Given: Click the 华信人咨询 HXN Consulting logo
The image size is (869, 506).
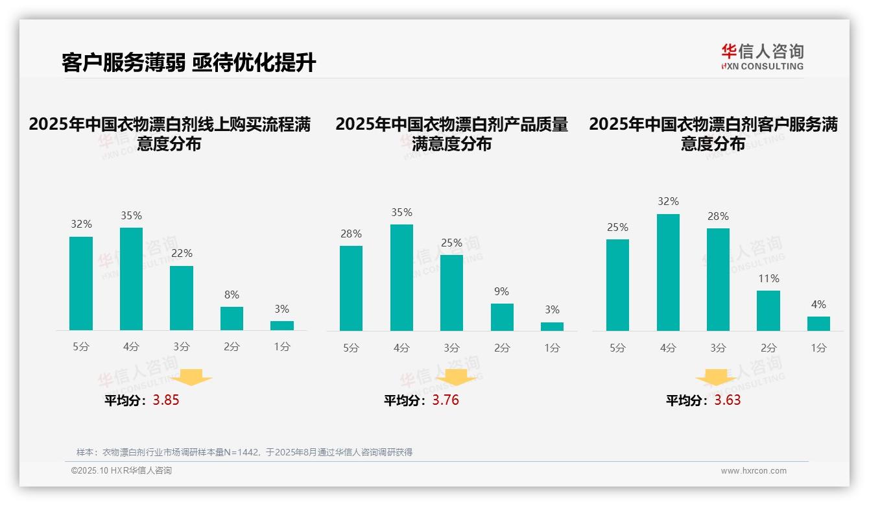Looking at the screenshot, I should tap(762, 56).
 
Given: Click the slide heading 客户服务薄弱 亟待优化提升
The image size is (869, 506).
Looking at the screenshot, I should tap(189, 63).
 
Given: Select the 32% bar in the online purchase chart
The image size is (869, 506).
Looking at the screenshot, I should tap(81, 283).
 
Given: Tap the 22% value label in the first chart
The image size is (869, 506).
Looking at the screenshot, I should tap(182, 254).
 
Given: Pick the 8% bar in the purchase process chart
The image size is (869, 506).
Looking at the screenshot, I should tap(232, 319).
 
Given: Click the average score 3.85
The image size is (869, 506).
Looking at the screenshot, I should tap(166, 400).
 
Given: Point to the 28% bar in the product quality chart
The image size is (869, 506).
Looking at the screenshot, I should tap(351, 288).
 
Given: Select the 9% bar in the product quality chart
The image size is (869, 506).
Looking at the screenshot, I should tap(502, 317).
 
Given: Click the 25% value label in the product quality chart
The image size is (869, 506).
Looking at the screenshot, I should tap(451, 243).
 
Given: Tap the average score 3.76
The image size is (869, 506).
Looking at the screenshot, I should tap(446, 400).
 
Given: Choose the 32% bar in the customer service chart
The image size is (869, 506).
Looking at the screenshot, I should tap(668, 272).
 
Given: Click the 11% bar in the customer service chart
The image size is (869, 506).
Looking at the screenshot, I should tap(768, 311).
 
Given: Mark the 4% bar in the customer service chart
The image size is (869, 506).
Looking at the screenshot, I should tap(818, 324).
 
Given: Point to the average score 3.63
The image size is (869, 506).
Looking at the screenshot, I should tap(728, 400).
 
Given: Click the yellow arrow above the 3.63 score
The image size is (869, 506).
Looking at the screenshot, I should tap(716, 378).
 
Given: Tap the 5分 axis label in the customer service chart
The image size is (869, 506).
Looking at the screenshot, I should tap(617, 348).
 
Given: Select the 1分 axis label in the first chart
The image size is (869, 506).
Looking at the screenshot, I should tap(282, 347).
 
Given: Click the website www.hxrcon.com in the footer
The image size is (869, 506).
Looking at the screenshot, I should tap(754, 471).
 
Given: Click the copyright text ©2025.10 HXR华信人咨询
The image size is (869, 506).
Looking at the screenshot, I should tap(121, 471).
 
